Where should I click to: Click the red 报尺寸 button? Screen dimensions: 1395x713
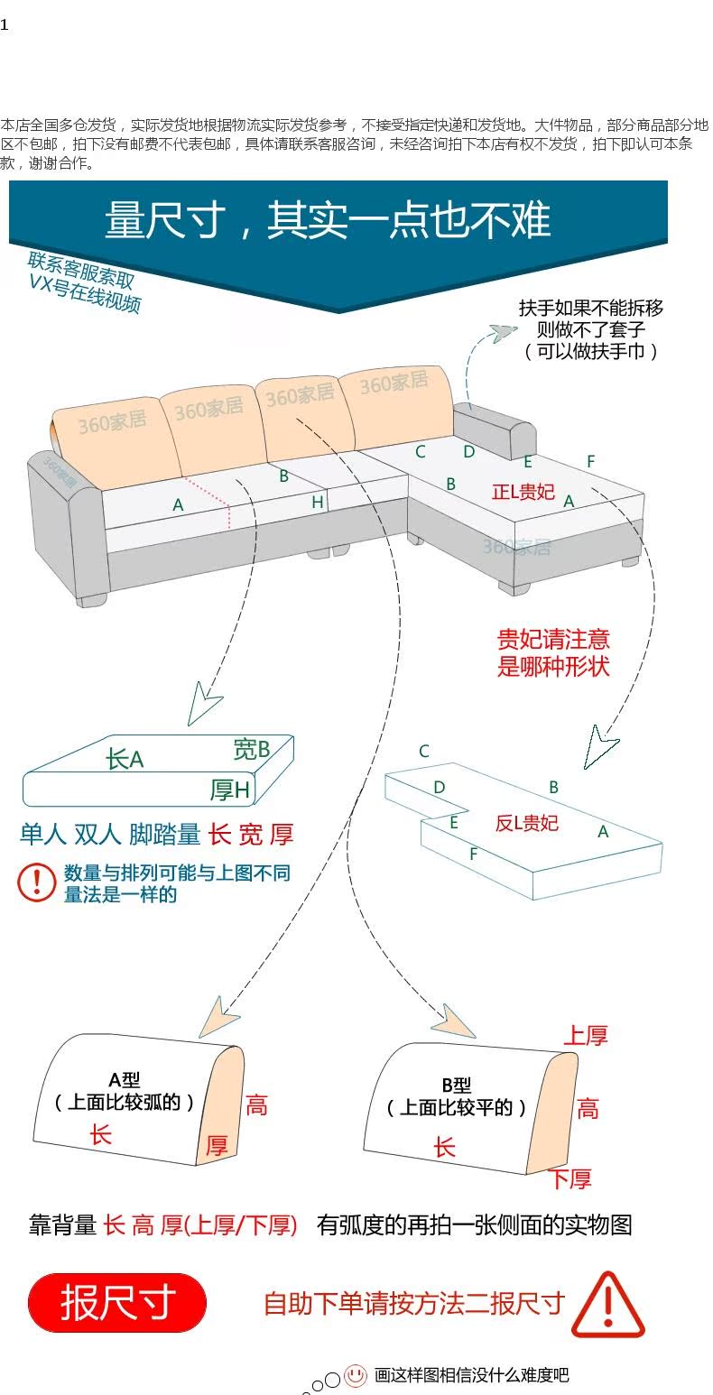click(117, 1302)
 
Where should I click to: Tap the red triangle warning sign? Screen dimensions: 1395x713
click(607, 1307)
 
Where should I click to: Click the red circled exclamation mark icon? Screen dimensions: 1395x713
click(37, 882)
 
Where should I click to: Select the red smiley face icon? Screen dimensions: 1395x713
click(356, 1375)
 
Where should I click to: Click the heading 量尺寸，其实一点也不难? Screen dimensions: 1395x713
click(328, 221)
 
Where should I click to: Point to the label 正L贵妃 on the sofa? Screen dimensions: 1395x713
click(523, 491)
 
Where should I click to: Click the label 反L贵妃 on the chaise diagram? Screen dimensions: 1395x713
click(527, 822)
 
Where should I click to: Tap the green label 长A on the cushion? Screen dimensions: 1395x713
click(125, 759)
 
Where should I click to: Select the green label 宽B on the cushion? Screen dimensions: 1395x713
click(252, 749)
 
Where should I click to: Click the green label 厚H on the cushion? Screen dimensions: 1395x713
click(229, 790)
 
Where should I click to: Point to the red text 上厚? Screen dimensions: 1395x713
click(585, 1036)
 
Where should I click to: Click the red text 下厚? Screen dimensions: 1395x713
click(570, 1178)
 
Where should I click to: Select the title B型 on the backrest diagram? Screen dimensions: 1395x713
click(457, 1086)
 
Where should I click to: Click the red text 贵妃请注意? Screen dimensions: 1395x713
click(553, 640)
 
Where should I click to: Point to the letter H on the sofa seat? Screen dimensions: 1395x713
click(318, 503)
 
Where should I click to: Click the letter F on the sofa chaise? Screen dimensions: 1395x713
click(590, 461)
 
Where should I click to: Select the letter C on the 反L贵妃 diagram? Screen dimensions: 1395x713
click(423, 751)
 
